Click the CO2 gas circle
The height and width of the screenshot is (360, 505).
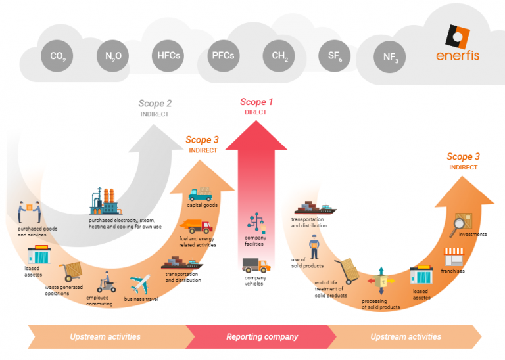(58, 56)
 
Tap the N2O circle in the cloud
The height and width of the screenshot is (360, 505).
(113, 56)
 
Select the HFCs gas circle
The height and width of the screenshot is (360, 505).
(169, 56)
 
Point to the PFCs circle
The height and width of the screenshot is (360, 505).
(224, 56)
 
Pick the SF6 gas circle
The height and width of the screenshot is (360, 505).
(335, 56)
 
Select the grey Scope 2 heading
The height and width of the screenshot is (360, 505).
(155, 104)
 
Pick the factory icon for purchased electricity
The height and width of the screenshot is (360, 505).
(105, 200)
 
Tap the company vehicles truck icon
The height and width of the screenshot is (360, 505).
(255, 265)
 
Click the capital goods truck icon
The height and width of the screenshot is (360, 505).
(200, 194)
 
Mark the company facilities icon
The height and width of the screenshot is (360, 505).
(255, 223)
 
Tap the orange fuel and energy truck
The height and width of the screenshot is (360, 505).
(197, 227)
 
